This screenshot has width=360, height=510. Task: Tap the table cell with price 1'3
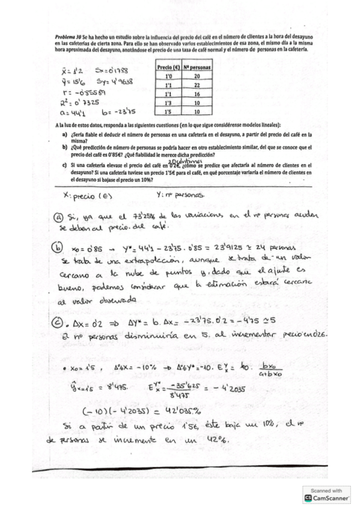169,103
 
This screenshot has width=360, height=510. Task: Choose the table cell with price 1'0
169,76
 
